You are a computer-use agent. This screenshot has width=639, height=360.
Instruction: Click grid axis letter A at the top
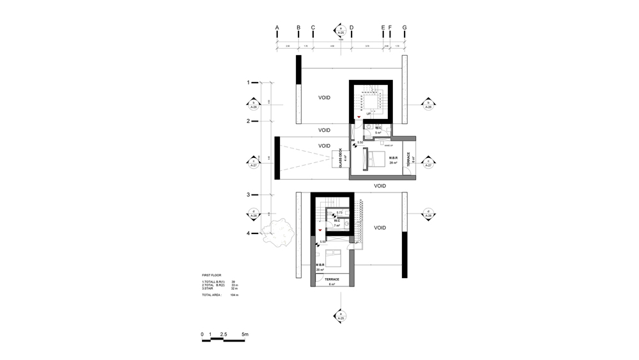(277, 27)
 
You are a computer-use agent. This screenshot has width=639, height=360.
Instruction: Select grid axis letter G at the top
(405, 27)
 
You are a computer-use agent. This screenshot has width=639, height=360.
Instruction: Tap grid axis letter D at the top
(351, 27)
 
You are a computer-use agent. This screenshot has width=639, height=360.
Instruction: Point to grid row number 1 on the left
(249, 82)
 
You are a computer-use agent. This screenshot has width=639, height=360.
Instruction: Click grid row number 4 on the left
(249, 233)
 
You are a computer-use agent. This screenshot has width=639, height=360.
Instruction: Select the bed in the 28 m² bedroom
(371, 159)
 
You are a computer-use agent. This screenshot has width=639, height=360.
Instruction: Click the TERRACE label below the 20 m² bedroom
(332, 279)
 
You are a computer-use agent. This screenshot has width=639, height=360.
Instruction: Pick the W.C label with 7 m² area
(337, 221)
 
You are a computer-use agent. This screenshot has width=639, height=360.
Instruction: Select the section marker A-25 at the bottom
(340, 315)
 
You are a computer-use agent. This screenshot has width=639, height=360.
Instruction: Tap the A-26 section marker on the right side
(429, 105)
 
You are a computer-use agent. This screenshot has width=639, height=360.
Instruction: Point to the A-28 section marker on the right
(429, 214)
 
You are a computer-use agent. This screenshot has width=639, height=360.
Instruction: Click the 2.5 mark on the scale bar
(223, 334)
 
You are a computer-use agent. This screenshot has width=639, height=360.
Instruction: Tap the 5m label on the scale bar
(245, 334)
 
